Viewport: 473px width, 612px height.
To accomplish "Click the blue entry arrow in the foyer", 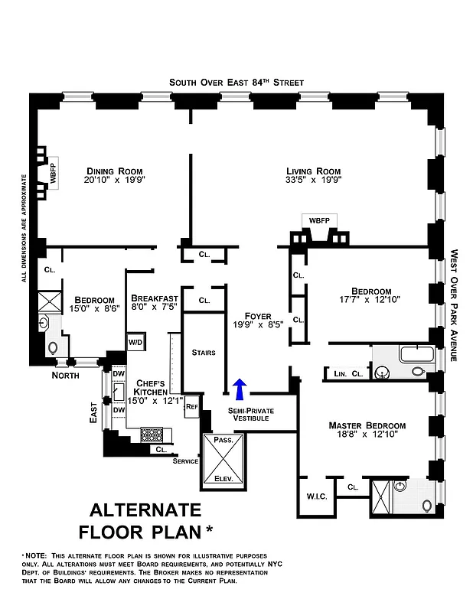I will (x=240, y=389).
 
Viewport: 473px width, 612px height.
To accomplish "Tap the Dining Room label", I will (x=115, y=171).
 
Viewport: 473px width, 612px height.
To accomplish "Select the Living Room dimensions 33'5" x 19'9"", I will (x=313, y=181).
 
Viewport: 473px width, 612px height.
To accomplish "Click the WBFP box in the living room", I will (x=319, y=220).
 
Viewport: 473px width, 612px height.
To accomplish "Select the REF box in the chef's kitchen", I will (x=191, y=407).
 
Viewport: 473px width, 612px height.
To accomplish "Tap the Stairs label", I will (x=204, y=353).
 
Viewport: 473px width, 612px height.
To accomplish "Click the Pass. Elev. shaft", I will (x=223, y=461).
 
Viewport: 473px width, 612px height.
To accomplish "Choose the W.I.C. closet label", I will (x=317, y=496).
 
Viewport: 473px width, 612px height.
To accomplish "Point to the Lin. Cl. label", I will (x=348, y=373).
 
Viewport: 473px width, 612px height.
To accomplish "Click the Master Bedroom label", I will (x=367, y=425).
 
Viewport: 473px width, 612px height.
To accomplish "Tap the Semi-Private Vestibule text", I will (x=251, y=415).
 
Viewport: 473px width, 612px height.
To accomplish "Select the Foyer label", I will (x=258, y=316).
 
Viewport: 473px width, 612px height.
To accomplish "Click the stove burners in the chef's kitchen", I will (x=151, y=435).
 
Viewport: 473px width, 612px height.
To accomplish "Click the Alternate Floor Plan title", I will (x=145, y=520).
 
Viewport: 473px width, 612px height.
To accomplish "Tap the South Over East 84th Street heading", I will (x=236, y=82).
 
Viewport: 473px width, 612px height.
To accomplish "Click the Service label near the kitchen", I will (x=185, y=461).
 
